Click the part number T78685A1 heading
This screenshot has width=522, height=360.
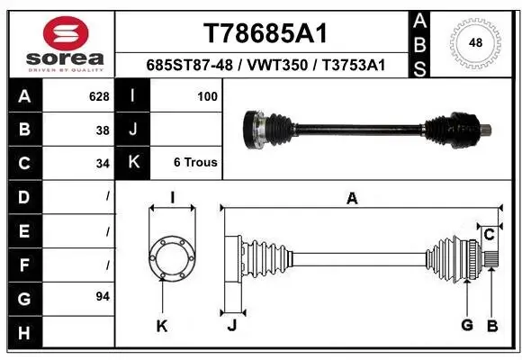coord(264,33)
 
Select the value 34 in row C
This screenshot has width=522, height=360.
coord(103,163)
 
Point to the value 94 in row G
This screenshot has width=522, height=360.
coord(103,296)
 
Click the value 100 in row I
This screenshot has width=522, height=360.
coord(208,94)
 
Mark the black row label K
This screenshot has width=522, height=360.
coord(133,163)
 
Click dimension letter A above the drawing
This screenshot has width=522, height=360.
coord(352,199)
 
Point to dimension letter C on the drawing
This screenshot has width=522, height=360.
coord(490,235)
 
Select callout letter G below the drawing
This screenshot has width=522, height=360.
coord(466,325)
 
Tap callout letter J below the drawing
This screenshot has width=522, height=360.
coord(231,325)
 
